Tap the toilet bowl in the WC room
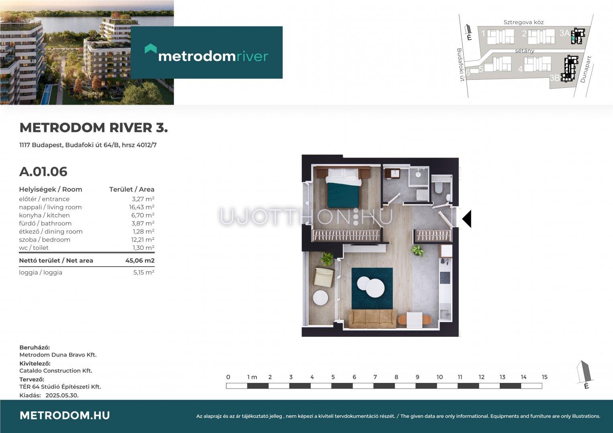(438, 188)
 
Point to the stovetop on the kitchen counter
(445, 278)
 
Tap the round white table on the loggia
(320, 297)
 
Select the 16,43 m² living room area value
(141, 207)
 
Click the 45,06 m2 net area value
(140, 261)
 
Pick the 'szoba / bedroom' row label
(45, 240)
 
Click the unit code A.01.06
(43, 172)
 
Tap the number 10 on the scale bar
(440, 377)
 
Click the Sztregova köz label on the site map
(523, 22)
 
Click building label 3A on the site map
(564, 33)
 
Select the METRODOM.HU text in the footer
(65, 415)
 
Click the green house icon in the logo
(151, 49)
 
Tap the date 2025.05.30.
(62, 395)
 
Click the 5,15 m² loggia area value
(144, 273)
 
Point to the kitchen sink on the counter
(446, 314)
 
